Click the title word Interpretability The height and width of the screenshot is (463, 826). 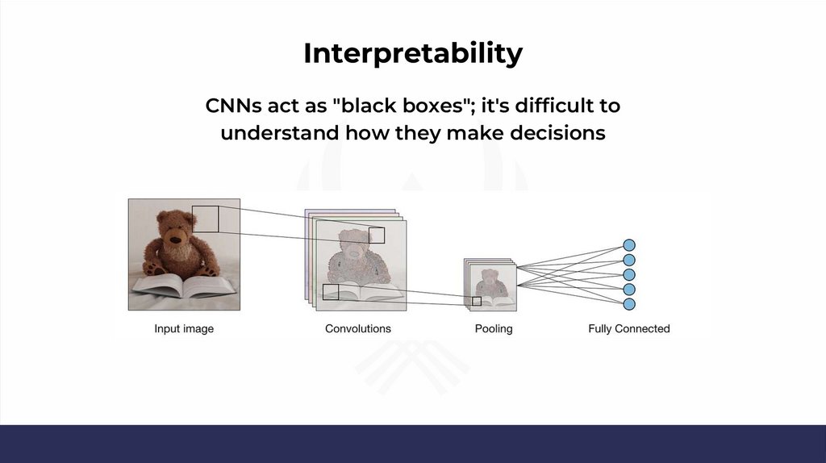(413, 54)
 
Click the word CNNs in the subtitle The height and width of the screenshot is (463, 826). (233, 106)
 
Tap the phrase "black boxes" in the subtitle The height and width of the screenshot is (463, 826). (402, 106)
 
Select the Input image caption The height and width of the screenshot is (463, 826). (184, 328)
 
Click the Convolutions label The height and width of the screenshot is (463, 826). (357, 328)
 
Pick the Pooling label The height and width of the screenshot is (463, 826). (494, 328)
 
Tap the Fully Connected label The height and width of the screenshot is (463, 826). (629, 328)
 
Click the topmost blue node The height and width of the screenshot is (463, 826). (629, 245)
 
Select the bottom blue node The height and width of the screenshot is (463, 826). (629, 304)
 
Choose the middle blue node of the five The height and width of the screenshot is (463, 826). (629, 274)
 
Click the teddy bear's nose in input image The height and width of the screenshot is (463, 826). (175, 240)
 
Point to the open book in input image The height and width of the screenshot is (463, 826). (184, 286)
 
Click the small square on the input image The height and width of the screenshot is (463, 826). (206, 219)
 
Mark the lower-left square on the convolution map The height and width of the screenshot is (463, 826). (331, 292)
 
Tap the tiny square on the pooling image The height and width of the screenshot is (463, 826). (477, 302)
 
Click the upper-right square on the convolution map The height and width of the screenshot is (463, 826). (377, 236)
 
